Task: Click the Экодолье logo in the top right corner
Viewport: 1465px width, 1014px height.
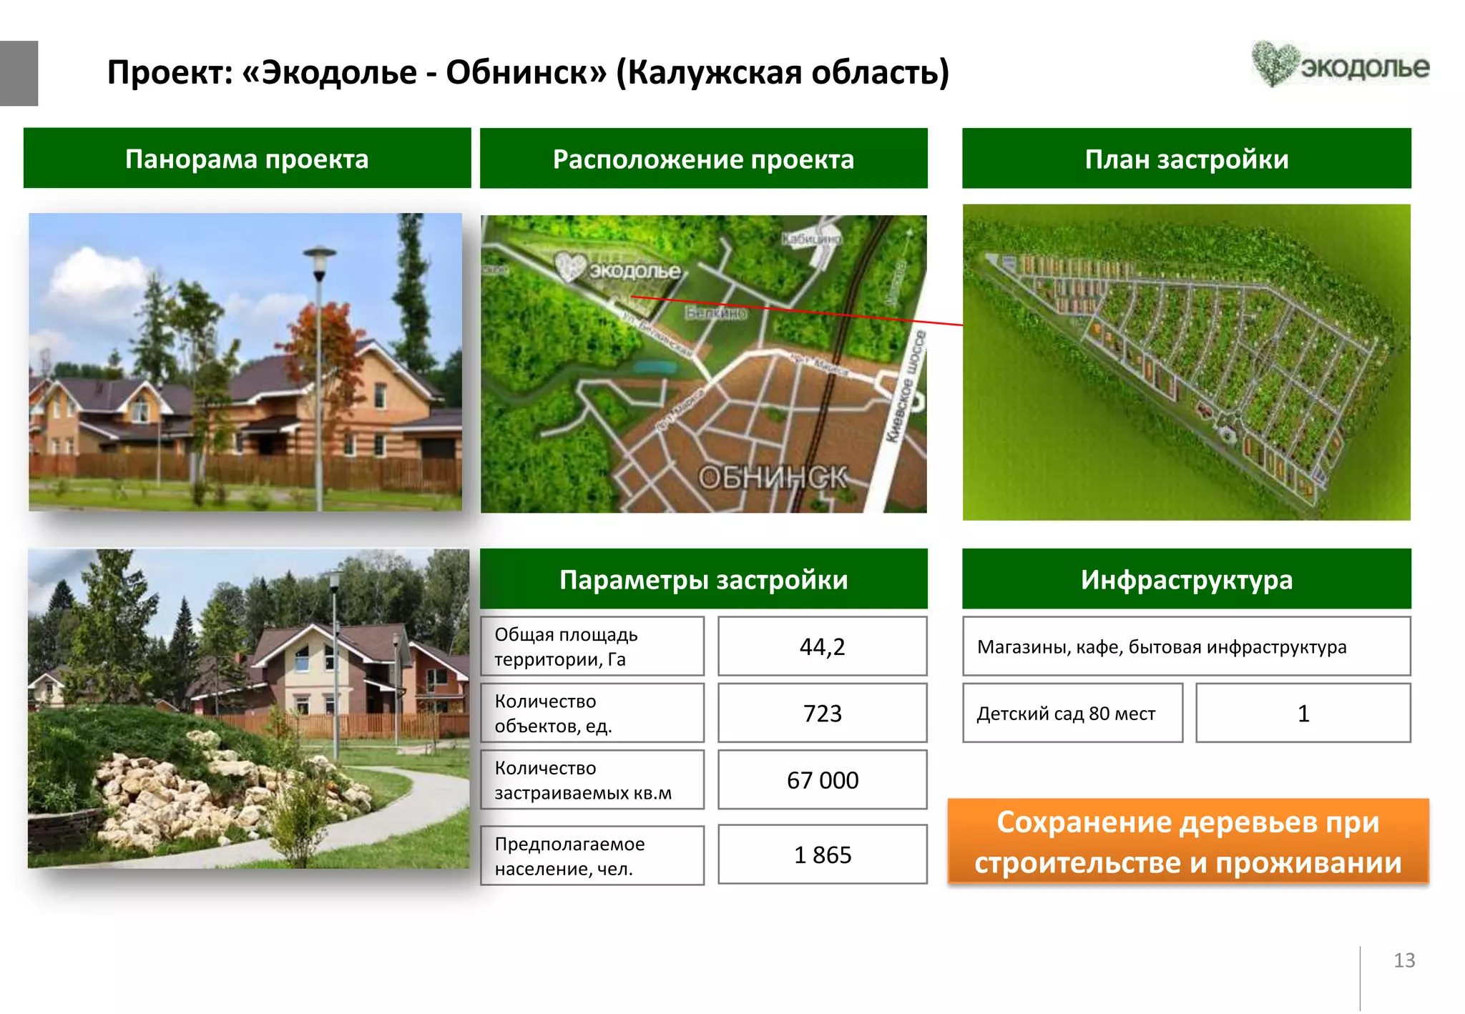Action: [x=1340, y=65]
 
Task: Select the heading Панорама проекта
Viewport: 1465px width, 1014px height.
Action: [x=247, y=159]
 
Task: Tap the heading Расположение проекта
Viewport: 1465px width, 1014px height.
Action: [x=703, y=159]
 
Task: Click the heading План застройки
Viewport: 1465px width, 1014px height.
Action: [x=1186, y=159]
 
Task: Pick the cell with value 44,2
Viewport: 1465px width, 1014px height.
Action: [x=822, y=646]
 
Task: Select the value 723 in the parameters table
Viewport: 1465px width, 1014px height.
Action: [x=822, y=713]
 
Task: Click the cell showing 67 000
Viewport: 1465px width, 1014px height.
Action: [x=822, y=780]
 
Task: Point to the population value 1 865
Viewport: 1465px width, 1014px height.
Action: [x=822, y=855]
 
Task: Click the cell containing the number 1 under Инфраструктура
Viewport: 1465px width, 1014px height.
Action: [x=1303, y=714]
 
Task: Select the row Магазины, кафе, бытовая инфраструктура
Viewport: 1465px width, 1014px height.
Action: [x=1186, y=646]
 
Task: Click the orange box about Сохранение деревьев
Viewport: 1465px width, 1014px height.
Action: [x=1187, y=842]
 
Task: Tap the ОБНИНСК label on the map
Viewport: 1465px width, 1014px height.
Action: [x=773, y=477]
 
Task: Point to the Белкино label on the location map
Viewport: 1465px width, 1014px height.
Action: [x=715, y=313]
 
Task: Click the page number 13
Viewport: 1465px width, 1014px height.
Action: [x=1403, y=960]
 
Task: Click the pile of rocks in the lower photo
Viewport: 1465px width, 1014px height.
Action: [x=179, y=794]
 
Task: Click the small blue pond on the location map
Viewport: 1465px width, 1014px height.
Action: [x=655, y=368]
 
